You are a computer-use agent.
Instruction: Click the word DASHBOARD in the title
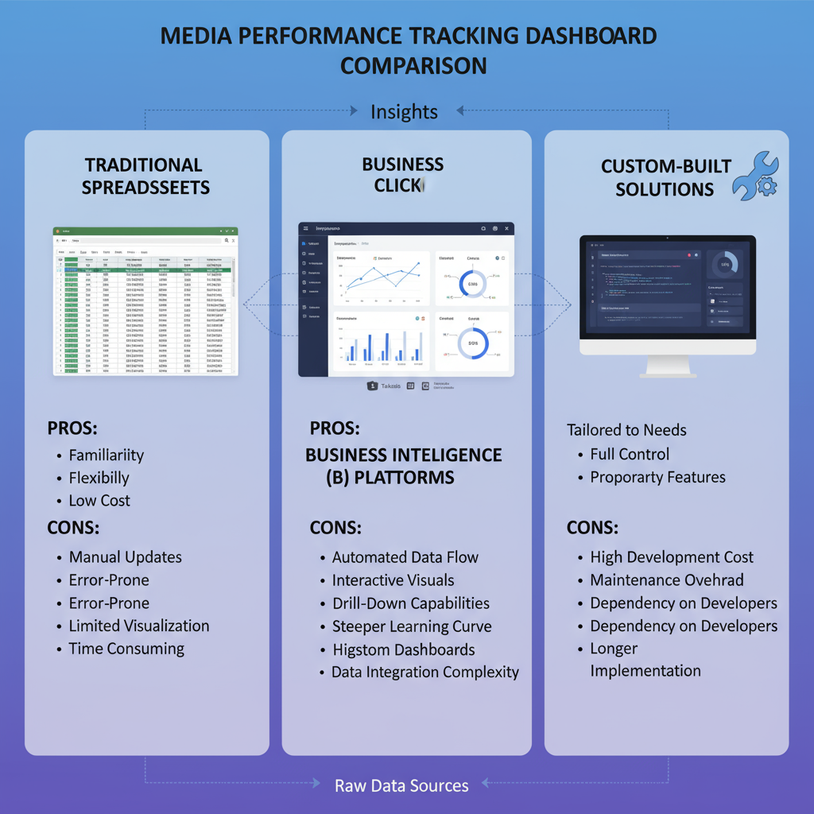point(579,37)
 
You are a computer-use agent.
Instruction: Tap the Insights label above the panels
point(404,112)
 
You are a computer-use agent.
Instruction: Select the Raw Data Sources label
point(401,786)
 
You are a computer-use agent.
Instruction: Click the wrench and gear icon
point(754,176)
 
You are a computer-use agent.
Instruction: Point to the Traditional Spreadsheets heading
point(144,176)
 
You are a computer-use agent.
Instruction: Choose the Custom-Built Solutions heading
point(665,177)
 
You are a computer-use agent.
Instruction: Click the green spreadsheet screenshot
point(145,301)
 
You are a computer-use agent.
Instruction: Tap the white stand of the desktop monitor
point(667,366)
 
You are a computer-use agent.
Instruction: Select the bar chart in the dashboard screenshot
point(381,342)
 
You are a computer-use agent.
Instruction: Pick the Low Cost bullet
point(99,501)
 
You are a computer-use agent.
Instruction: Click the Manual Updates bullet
point(126,557)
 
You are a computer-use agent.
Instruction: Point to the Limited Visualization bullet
point(139,626)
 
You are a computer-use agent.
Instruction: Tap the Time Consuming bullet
point(126,649)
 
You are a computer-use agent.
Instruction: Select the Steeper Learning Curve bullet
point(412,626)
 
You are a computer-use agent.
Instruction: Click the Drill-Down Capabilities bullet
point(410,603)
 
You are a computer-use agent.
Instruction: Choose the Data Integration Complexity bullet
point(425,673)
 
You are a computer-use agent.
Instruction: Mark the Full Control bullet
point(630,455)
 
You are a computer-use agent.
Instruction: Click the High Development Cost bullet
point(672,557)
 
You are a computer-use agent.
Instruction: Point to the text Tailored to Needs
point(626,430)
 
